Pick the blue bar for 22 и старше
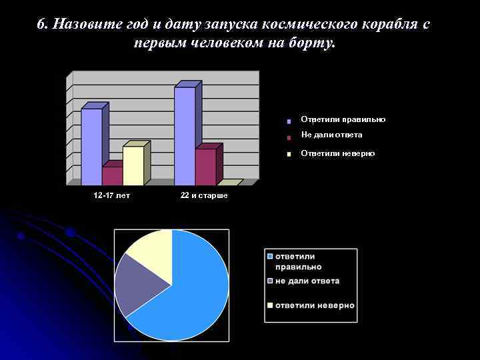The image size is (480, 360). click(185, 136)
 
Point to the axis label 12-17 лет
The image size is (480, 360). click(112, 195)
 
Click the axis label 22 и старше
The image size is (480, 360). click(204, 195)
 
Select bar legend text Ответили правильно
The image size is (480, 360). click(343, 119)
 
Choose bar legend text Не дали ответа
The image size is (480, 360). click(331, 135)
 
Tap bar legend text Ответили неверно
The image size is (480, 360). click(337, 153)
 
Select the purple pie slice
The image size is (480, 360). click(140, 283)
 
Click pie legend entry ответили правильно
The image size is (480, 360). click(295, 261)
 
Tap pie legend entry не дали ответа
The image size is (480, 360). click(307, 281)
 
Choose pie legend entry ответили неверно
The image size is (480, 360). click(314, 305)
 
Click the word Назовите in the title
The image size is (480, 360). click(83, 25)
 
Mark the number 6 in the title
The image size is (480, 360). click(41, 25)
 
